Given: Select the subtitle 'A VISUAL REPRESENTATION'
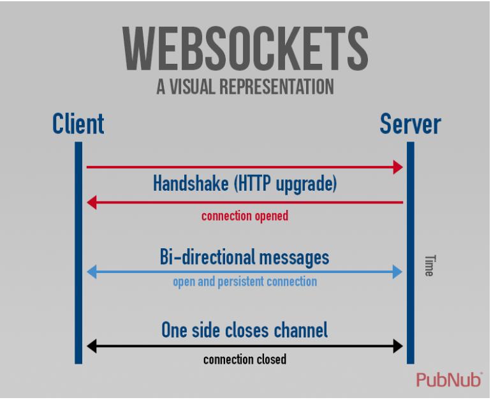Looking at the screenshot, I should pos(245,87).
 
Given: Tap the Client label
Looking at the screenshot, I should pos(78,123).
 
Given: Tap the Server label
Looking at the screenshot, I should pos(410,123).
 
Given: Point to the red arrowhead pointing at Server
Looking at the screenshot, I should pos(399,167).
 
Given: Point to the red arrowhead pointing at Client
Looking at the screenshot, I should pos(91,203).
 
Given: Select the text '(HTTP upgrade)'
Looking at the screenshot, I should pos(285,184).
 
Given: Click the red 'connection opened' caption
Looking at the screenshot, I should pos(245,216).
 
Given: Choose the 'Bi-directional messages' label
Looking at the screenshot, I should pos(244,257).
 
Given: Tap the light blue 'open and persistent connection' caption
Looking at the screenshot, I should pos(245,281).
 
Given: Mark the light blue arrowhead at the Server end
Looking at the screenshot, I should pos(399,272).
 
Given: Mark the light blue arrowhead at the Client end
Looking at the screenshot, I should pos(91,272).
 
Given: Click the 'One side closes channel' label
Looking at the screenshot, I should pos(244,330).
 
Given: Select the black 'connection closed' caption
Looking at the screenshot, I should pos(245,360).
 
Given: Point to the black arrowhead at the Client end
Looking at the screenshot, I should pos(91,346).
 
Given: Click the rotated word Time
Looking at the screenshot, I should pos(429,265).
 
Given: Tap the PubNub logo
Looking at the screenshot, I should pos(449,380).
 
